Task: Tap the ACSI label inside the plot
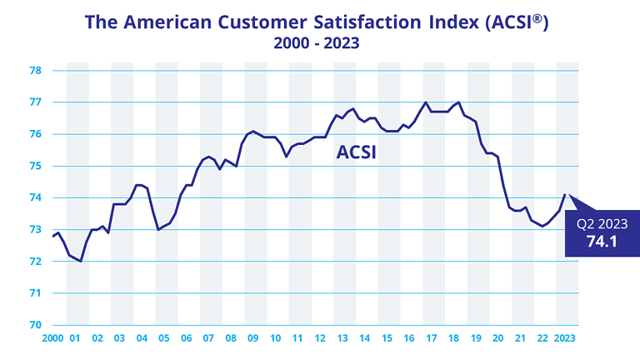[x=357, y=152]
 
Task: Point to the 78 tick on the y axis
[x=36, y=71]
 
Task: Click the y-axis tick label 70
[x=36, y=325]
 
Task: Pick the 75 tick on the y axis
[x=36, y=166]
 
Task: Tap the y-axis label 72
[x=36, y=262]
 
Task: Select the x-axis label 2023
[x=566, y=338]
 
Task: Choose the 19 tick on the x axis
[x=477, y=338]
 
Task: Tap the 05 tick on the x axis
[x=164, y=338]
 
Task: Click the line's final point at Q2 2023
[x=565, y=195]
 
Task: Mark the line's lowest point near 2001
[x=81, y=261]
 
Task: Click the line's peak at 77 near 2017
[x=426, y=102]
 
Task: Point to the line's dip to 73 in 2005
[x=158, y=229]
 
